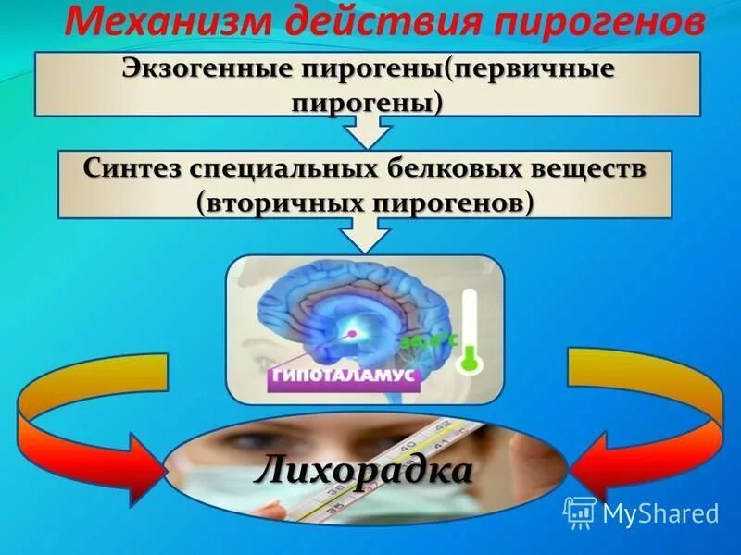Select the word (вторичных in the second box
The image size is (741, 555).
[x=274, y=202]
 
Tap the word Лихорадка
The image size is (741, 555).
[x=363, y=471]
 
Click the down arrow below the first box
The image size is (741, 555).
[x=368, y=133]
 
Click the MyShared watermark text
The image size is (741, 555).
[x=660, y=512]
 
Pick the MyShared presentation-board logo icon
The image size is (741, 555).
[x=581, y=512]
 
